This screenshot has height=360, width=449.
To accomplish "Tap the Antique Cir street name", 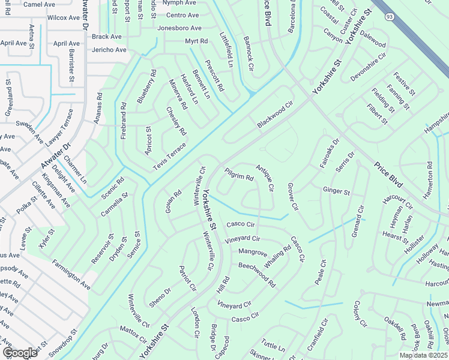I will coord(264,178).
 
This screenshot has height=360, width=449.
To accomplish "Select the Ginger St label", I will coord(336,191).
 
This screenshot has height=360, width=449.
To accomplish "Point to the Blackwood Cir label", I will coord(274,114).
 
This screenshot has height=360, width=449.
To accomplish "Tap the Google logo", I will coord(20,353).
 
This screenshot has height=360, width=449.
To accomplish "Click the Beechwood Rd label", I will coord(256,274).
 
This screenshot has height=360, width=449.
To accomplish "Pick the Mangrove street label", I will coord(252,252).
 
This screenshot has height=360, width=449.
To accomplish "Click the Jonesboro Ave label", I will coord(179,28).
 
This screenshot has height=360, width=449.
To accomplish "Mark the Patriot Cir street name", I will coord(187,278).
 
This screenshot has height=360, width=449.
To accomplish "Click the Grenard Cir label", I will coord(358,221).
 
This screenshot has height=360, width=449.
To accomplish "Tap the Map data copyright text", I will coord(424,355).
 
